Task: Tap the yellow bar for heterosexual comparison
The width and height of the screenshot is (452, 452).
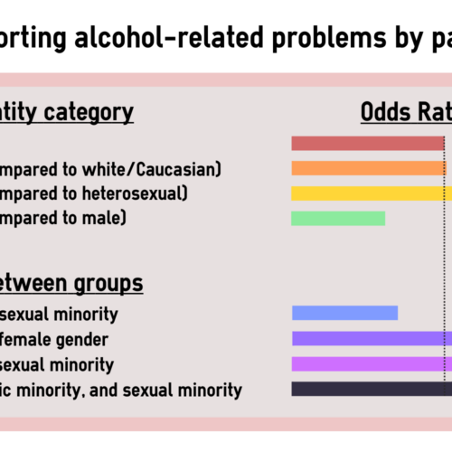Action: (x=371, y=193)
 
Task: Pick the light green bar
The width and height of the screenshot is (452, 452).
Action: (x=338, y=218)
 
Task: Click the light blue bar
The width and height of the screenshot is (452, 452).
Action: (x=344, y=313)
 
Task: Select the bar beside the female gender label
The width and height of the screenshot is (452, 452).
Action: (x=371, y=338)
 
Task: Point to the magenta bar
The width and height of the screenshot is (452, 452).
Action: (x=371, y=363)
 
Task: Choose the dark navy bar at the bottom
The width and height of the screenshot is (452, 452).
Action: (x=371, y=389)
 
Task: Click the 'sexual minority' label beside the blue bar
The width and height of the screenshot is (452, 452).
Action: (x=58, y=315)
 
